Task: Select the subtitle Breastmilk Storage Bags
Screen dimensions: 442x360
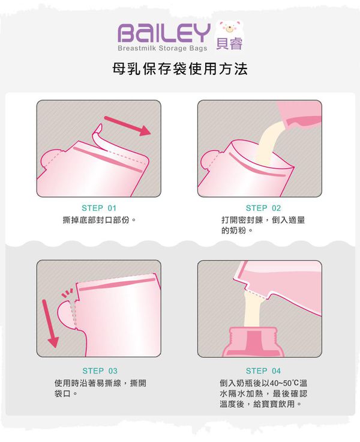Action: click(x=163, y=47)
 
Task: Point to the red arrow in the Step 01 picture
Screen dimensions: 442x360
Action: click(x=127, y=124)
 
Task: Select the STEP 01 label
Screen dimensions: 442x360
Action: click(x=99, y=208)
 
